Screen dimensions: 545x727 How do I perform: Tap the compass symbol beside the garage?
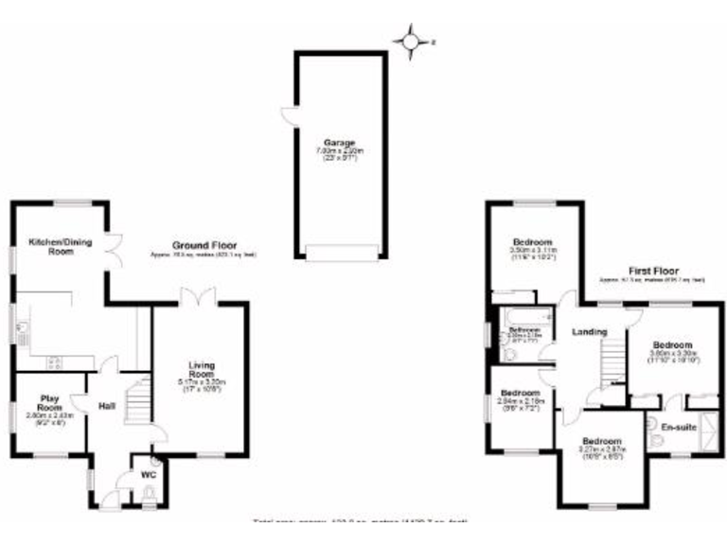coord(410,41)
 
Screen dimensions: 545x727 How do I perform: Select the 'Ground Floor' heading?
coord(204,245)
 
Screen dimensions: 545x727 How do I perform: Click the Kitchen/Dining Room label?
coord(49,246)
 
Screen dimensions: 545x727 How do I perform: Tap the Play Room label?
coord(49,403)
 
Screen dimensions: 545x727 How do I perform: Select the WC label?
coord(148,474)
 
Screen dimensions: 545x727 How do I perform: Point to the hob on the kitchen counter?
coord(55,360)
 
